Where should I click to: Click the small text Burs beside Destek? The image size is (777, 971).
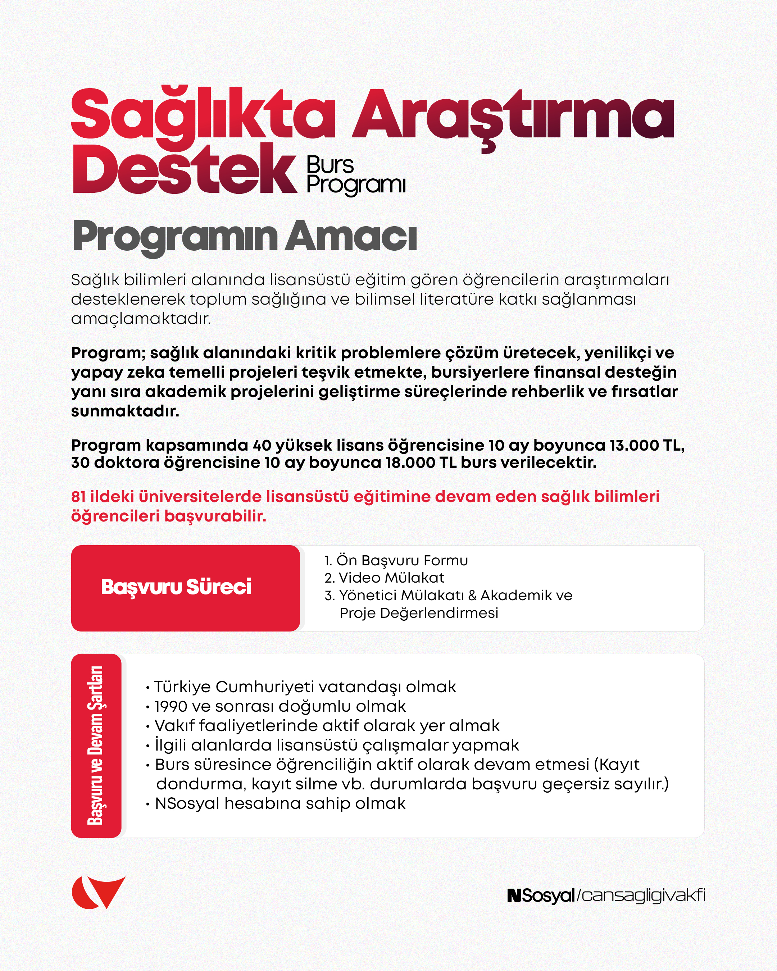330,165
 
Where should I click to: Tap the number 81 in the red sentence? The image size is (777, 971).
78,496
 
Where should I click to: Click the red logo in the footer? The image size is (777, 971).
98,892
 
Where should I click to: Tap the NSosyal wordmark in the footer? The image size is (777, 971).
541,895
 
